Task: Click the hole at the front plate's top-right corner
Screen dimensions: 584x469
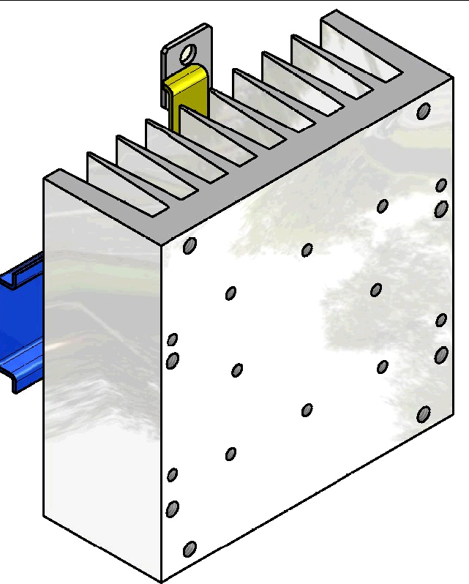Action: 423,111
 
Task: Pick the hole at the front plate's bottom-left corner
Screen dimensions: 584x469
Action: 190,548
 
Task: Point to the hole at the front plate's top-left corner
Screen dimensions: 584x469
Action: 190,246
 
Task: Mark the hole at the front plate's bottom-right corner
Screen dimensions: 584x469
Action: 423,414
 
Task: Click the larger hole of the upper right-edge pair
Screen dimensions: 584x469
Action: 440,209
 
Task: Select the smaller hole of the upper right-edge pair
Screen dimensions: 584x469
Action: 441,185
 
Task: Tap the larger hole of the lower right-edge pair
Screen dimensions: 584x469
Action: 440,355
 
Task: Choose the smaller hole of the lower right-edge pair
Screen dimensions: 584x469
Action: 441,320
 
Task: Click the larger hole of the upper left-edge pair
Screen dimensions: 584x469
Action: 173,360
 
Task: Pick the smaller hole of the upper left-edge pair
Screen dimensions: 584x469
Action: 173,339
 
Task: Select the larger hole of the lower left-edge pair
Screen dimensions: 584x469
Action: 173,508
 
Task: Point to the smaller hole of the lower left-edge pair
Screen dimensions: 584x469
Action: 172,475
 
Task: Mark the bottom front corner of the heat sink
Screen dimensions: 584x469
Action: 160,581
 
